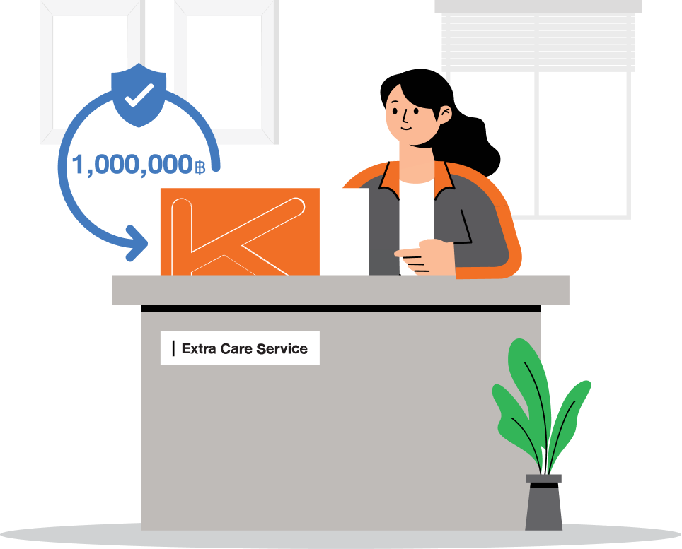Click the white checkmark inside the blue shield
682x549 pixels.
click(139, 95)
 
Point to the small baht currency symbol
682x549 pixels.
click(200, 167)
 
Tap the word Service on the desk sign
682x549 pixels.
click(282, 348)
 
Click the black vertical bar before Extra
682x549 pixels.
click(173, 348)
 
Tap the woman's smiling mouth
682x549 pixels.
click(405, 129)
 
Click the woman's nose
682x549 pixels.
click(405, 116)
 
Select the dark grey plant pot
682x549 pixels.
click(543, 502)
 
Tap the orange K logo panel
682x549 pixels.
click(240, 232)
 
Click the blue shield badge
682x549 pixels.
click(139, 95)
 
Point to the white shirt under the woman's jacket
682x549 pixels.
click(416, 217)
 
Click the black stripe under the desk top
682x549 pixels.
click(340, 308)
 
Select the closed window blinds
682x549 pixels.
click(538, 41)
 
